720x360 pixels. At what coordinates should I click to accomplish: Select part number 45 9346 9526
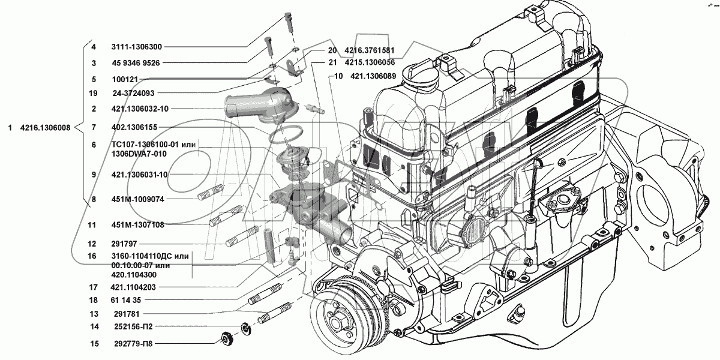(x=136, y=63)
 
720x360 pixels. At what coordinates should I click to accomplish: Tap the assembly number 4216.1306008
(x=45, y=128)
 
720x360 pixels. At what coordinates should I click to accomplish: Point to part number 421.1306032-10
(x=139, y=109)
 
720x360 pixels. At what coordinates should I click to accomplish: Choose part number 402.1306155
(x=134, y=127)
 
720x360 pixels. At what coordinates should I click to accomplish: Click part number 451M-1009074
(x=137, y=199)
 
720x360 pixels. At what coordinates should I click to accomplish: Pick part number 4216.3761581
(x=369, y=50)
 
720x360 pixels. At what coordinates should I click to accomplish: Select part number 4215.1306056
(x=369, y=62)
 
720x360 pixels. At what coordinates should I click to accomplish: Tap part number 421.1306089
(x=373, y=76)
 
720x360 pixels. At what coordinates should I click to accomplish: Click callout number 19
(x=92, y=93)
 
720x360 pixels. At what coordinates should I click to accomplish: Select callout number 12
(x=92, y=244)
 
